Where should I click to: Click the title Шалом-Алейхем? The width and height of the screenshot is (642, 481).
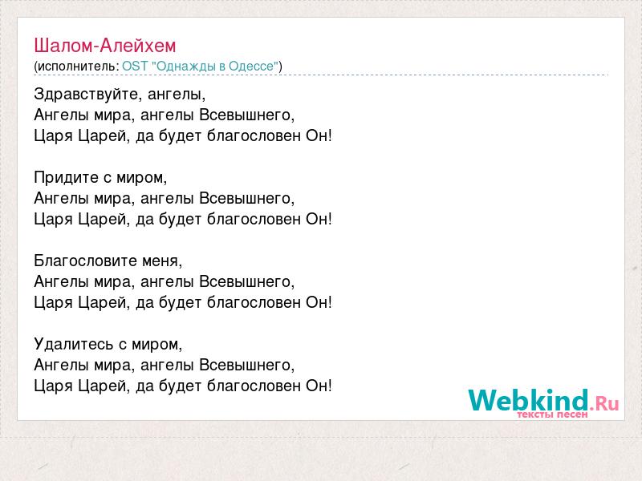(105, 46)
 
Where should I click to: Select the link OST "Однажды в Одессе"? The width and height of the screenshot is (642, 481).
(200, 67)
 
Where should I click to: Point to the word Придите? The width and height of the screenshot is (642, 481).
(66, 177)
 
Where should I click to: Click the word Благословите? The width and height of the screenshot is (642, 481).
(85, 261)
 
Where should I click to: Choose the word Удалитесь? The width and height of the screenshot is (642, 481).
(74, 344)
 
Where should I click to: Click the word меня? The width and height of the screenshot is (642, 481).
(160, 261)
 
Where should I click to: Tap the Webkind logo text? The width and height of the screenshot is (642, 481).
(529, 400)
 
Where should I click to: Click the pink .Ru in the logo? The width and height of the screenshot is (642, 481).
(604, 404)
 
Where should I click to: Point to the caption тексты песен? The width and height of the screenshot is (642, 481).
(552, 414)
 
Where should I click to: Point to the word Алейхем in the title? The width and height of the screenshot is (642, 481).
(138, 46)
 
